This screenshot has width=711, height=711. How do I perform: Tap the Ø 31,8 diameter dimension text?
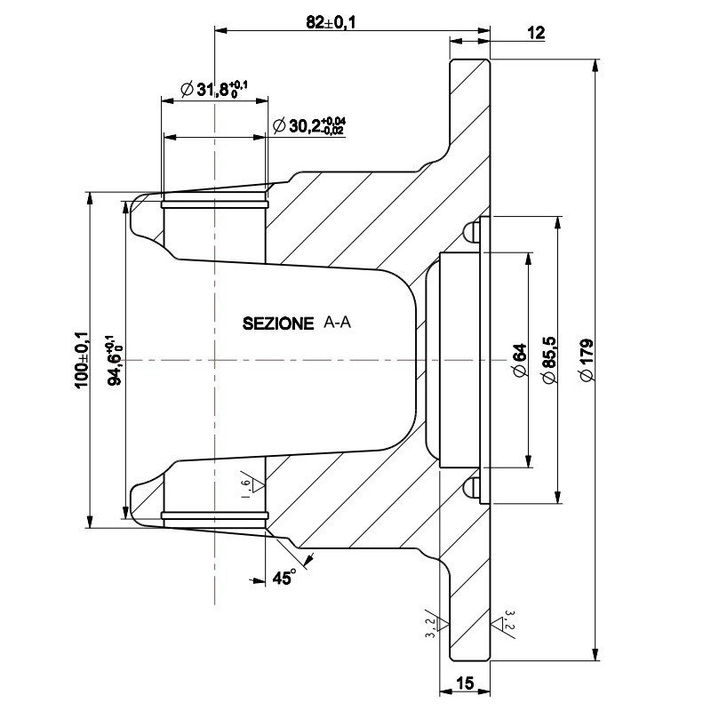point(213,89)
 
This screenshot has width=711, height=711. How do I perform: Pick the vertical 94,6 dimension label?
point(113,359)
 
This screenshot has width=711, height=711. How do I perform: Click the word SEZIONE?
point(278,324)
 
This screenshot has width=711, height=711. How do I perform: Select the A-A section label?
point(338,324)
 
